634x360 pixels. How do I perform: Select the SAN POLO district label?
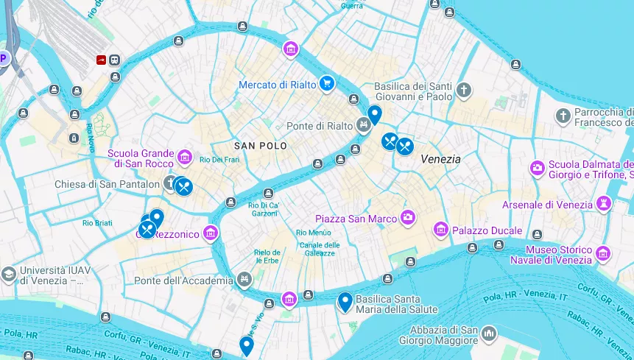coord(260,146)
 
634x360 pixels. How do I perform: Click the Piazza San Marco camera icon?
coord(407,218)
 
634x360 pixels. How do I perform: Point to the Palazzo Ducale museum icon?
coord(441,230)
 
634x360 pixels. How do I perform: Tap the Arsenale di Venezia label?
coord(546,205)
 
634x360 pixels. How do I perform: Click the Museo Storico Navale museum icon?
coord(603,253)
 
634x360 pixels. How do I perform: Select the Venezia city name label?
coord(440,159)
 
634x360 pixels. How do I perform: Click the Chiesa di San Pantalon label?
coord(107,184)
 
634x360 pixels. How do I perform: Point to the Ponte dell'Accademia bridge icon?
coord(244,280)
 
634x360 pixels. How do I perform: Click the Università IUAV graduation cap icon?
coord(8,275)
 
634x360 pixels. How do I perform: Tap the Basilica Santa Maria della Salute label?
coord(389,305)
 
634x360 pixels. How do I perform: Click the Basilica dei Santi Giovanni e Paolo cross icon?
coord(462,91)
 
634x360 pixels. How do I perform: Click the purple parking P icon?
coord(3,59)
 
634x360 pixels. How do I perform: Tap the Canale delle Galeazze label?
coord(319,249)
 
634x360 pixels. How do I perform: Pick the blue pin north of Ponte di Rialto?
coord(375,114)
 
